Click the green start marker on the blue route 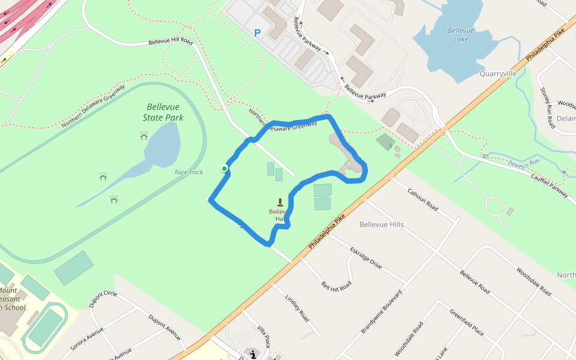point(224,169)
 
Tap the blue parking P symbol point(257,34)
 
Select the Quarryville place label point(498,74)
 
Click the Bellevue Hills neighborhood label point(381,224)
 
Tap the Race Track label point(188,172)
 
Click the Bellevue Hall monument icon point(280,203)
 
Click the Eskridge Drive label point(366,256)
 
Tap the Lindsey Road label point(296,308)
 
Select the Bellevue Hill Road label point(170,42)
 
